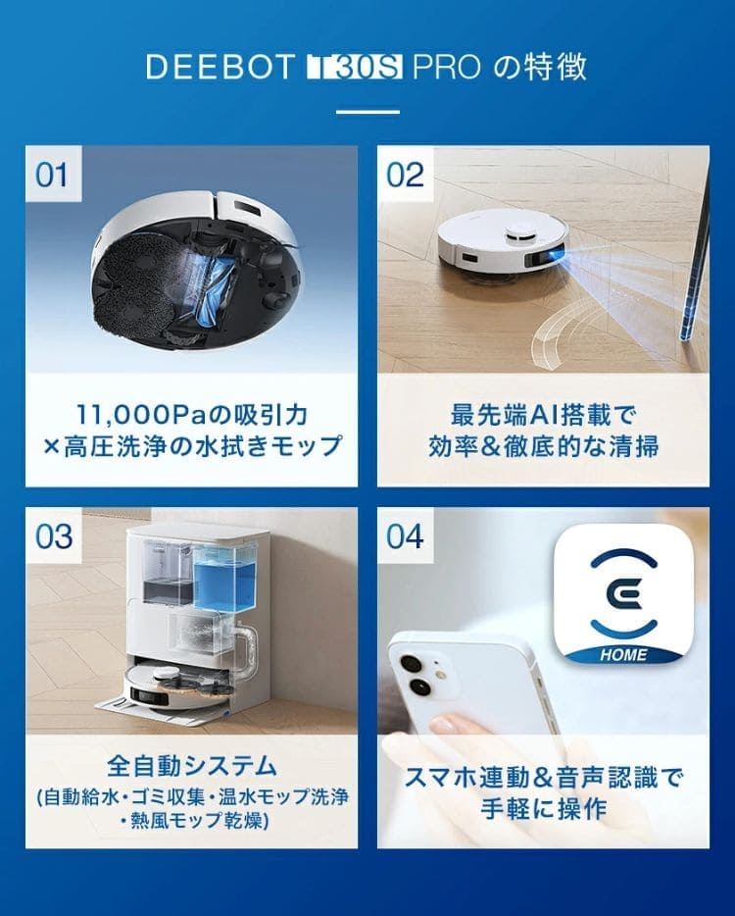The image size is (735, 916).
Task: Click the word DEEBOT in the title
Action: (220, 68)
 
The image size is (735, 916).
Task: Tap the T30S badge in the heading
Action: (355, 68)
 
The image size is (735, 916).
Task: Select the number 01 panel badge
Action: (53, 175)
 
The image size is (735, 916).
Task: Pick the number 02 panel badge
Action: (405, 175)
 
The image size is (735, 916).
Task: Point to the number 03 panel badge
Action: (53, 535)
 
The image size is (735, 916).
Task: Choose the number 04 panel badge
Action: (405, 535)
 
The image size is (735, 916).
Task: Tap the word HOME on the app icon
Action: (623, 655)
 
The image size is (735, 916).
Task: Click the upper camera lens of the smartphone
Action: (411, 664)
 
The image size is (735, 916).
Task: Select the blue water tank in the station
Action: (224, 579)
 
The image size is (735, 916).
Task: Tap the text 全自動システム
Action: (191, 765)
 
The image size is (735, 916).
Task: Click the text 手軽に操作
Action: (544, 808)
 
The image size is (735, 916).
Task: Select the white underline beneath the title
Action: (367, 112)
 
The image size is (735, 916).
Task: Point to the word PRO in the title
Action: (447, 68)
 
